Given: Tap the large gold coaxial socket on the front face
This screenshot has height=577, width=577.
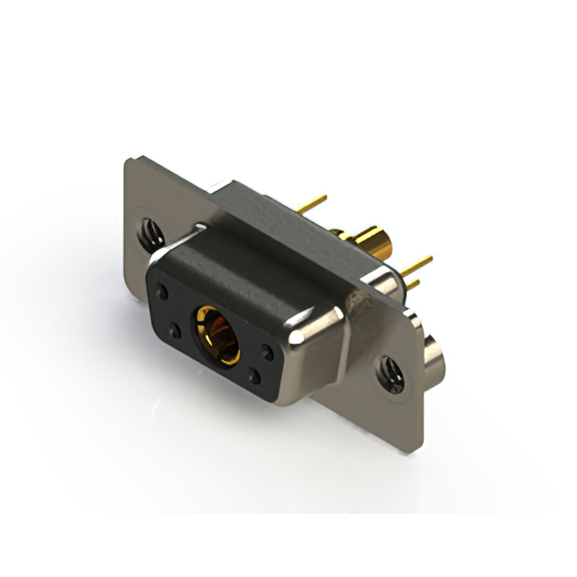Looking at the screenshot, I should [216, 332].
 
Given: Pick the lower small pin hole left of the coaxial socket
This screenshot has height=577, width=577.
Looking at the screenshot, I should [175, 331].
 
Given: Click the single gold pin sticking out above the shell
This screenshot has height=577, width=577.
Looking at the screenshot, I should [312, 205].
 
